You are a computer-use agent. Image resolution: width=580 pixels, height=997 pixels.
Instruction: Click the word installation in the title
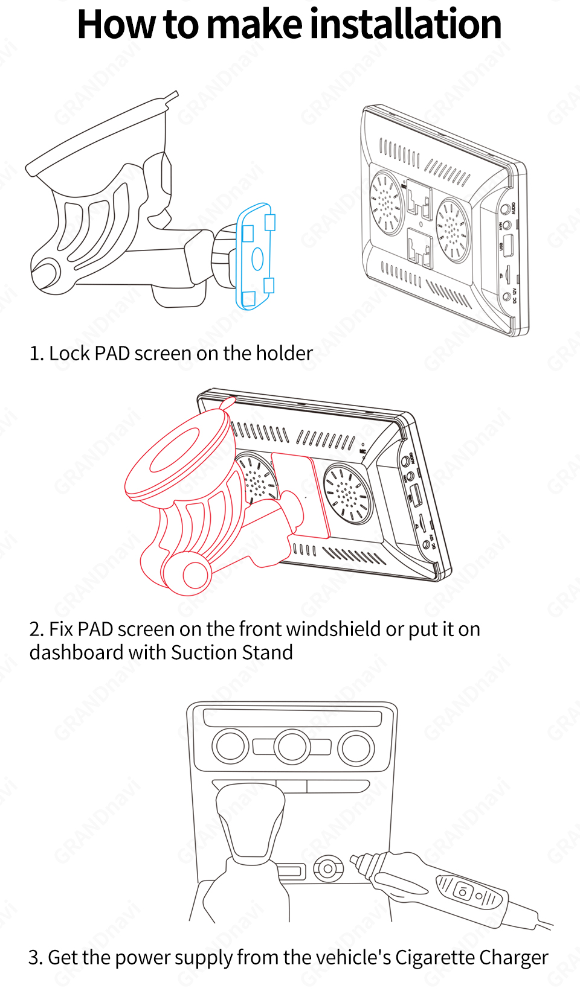tap(405, 25)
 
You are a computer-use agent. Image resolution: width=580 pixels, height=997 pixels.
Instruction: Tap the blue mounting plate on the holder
tap(256, 256)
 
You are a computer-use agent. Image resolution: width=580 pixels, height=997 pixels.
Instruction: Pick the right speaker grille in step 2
tap(347, 494)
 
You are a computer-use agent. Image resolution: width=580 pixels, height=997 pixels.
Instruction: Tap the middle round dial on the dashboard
tap(292, 747)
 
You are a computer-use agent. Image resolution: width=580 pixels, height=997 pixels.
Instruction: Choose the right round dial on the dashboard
tap(356, 748)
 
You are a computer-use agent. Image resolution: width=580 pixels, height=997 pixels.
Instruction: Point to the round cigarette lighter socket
tap(328, 869)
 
